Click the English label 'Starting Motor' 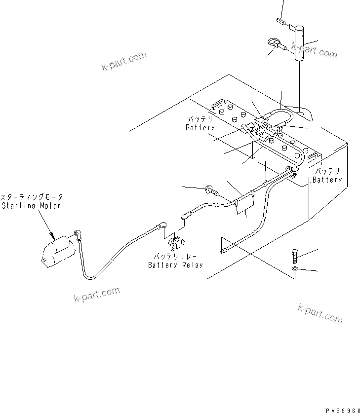point(31,205)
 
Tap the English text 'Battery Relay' point(176,265)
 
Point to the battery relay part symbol point(177,243)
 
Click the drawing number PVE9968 point(341,408)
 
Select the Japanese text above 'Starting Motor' point(31,197)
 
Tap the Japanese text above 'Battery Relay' point(176,257)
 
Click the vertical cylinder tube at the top point(300,44)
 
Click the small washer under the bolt point(295,269)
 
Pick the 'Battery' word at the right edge point(327,180)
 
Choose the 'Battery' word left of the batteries point(200,128)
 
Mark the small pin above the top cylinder point(281,21)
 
